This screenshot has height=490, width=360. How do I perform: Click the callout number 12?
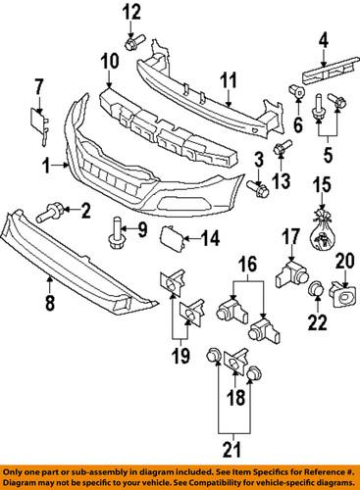point(131,13)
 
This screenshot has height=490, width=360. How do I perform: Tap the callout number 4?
point(322,40)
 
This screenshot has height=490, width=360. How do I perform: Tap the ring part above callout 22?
point(317,291)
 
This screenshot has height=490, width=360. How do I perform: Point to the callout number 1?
point(45,168)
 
